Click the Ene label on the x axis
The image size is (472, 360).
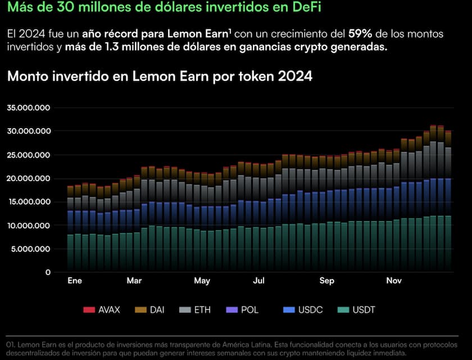click(x=74, y=280)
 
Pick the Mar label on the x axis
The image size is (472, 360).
click(x=134, y=280)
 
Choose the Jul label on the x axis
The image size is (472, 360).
click(x=259, y=280)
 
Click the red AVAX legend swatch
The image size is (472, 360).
click(x=89, y=310)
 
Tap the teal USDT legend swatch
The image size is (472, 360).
click(x=342, y=310)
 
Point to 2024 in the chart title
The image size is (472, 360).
click(x=295, y=76)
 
